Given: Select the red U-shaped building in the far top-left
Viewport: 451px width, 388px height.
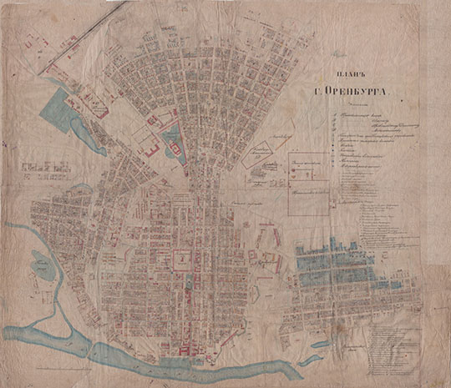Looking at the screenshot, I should tap(38, 42).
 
